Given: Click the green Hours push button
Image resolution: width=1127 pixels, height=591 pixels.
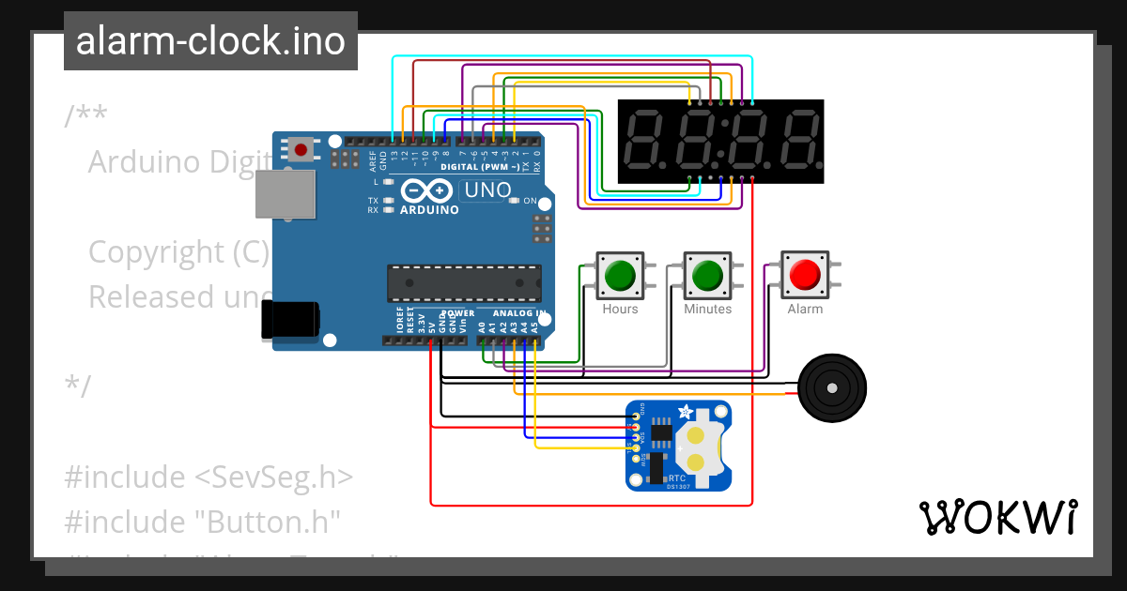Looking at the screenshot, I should (x=620, y=275).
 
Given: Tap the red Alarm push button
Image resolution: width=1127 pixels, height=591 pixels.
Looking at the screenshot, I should (x=805, y=275).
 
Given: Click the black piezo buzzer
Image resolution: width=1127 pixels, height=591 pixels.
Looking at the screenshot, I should (x=831, y=386).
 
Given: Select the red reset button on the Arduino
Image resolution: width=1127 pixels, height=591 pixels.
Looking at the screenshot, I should (x=301, y=149).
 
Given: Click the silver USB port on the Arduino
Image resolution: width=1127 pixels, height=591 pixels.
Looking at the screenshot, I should (x=286, y=195).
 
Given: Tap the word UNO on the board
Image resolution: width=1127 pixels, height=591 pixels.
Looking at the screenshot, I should (x=488, y=190).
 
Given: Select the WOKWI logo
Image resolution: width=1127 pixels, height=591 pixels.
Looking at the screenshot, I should (x=997, y=517).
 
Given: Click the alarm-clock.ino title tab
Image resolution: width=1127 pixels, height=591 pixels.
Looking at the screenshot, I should (x=210, y=41).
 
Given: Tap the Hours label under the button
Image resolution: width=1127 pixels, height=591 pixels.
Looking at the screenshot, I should (x=620, y=309).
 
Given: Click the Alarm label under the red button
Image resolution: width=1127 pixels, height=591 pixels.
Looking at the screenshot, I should (x=805, y=309).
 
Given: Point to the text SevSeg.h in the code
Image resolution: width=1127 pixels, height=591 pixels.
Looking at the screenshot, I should (x=273, y=477).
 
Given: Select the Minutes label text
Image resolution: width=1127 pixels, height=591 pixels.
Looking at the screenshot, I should (x=707, y=309).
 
